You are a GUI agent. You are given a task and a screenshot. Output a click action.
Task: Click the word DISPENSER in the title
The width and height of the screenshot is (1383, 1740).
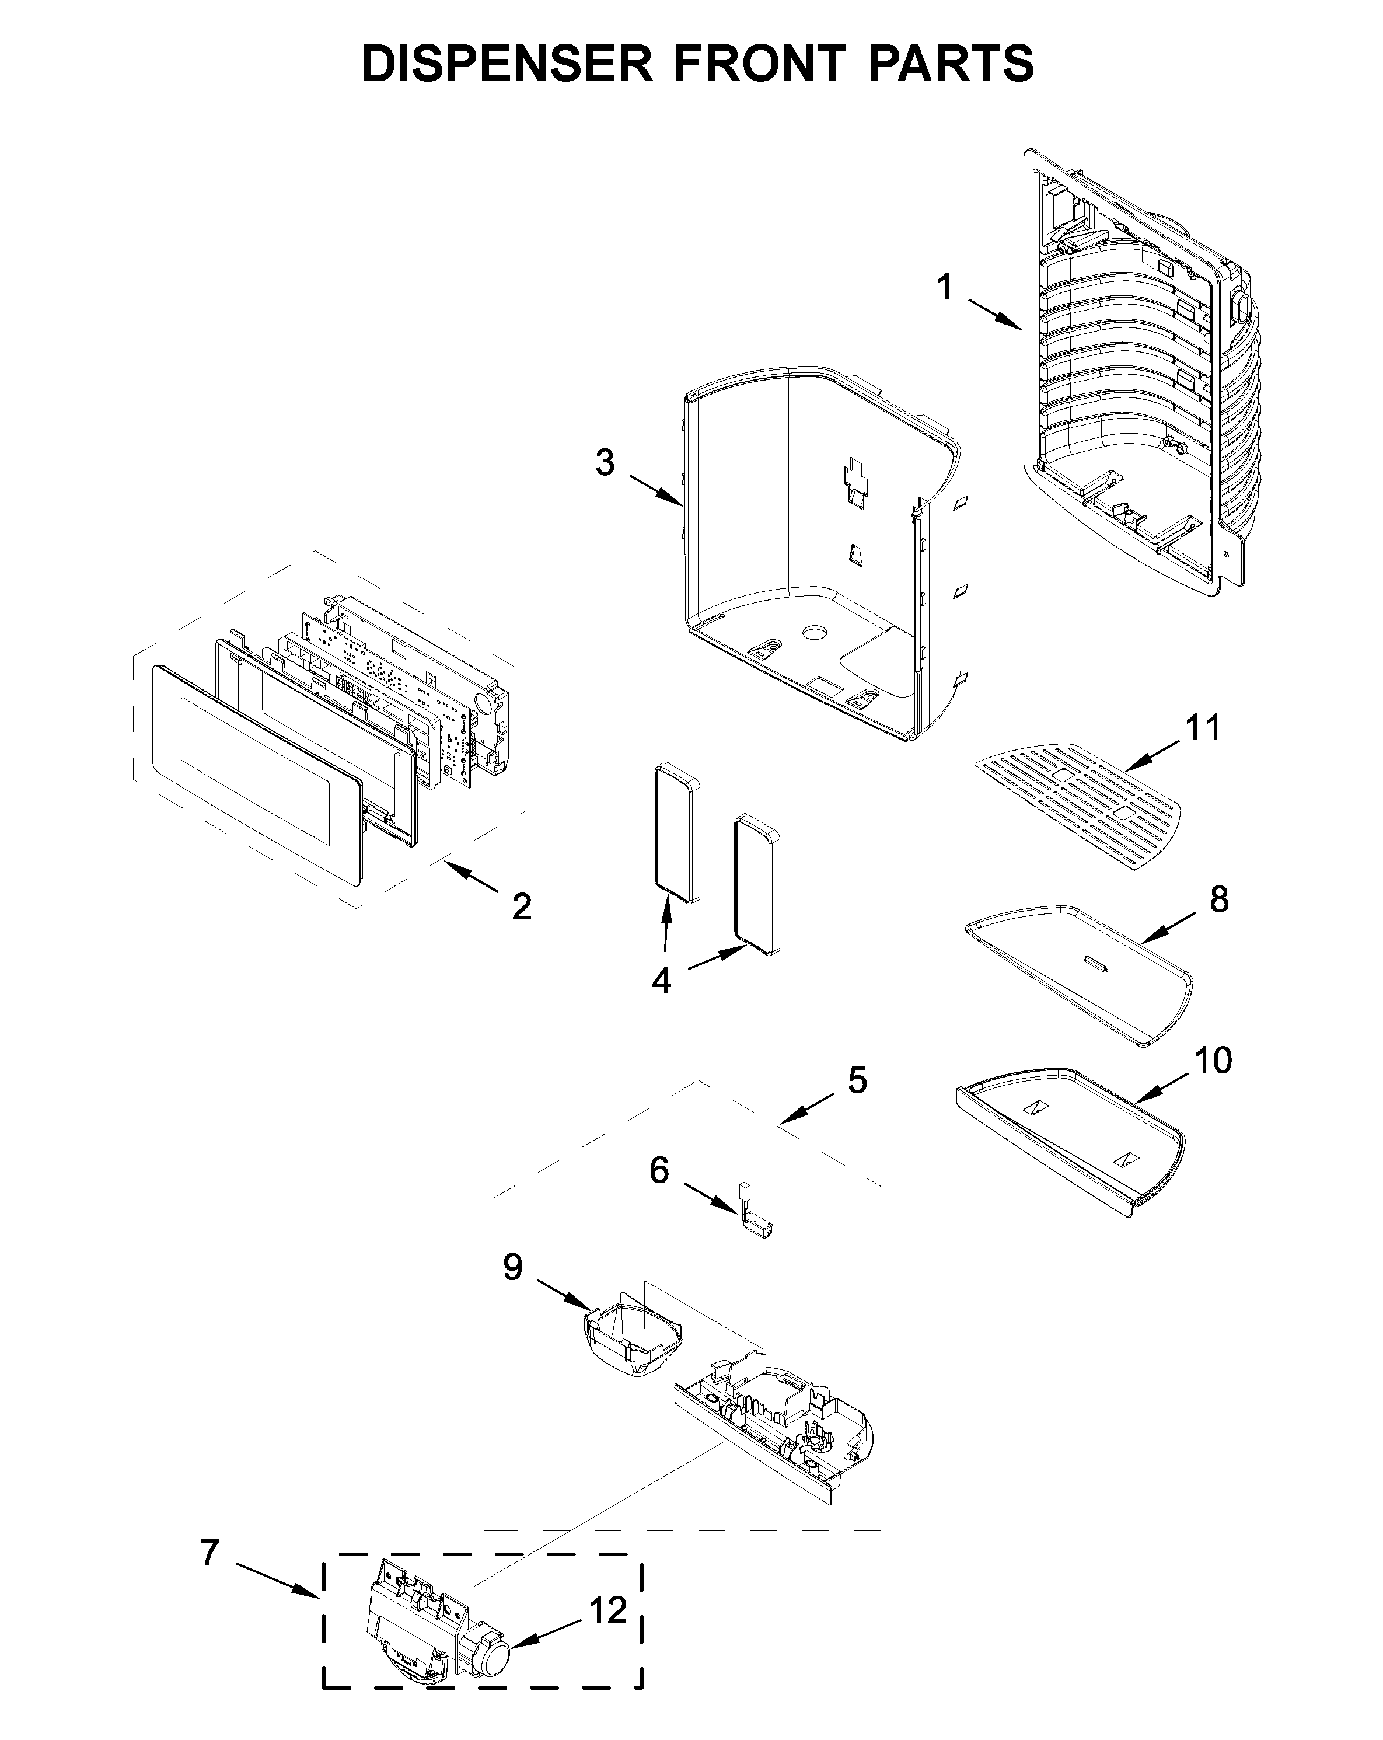click(507, 64)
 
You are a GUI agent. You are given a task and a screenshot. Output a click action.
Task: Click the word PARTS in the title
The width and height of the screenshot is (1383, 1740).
click(951, 64)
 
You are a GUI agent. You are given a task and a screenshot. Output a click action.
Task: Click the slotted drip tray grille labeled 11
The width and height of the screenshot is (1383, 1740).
click(1077, 807)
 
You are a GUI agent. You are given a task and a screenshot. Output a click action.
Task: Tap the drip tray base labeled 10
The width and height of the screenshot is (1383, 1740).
click(1069, 1138)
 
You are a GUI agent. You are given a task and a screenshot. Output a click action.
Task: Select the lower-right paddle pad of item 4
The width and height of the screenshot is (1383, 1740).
click(757, 885)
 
